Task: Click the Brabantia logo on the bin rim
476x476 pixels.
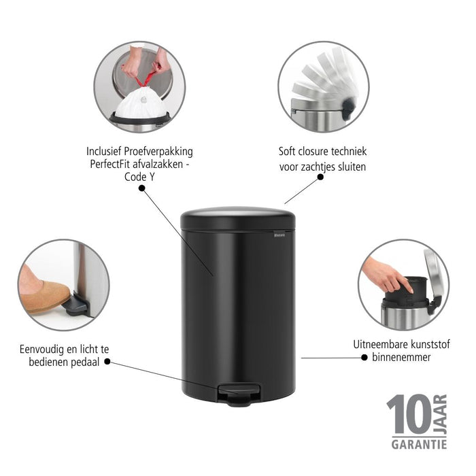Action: [x=279, y=234]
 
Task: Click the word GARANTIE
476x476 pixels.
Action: [x=418, y=445]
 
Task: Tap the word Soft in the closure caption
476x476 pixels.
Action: [x=289, y=152]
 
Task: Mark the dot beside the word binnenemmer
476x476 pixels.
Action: [x=365, y=357]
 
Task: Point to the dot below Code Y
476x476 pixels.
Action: [x=141, y=189]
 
